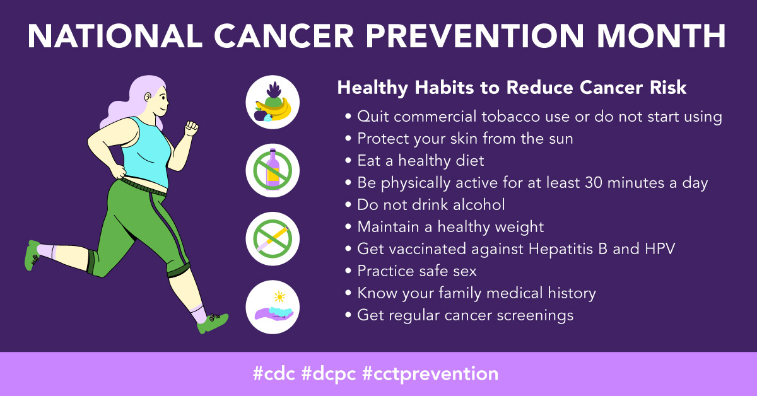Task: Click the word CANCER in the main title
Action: click(x=284, y=36)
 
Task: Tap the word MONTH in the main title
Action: click(x=661, y=36)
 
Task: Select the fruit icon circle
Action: click(x=273, y=102)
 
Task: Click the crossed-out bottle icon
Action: click(x=273, y=170)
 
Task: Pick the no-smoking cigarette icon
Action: click(x=273, y=238)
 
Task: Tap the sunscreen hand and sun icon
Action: click(x=273, y=307)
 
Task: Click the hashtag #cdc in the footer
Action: click(x=274, y=373)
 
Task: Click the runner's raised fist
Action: click(x=191, y=129)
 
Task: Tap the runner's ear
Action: click(x=148, y=97)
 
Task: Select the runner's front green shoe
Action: click(x=213, y=323)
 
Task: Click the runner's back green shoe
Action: click(x=32, y=255)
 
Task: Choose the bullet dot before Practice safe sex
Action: click(x=348, y=271)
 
